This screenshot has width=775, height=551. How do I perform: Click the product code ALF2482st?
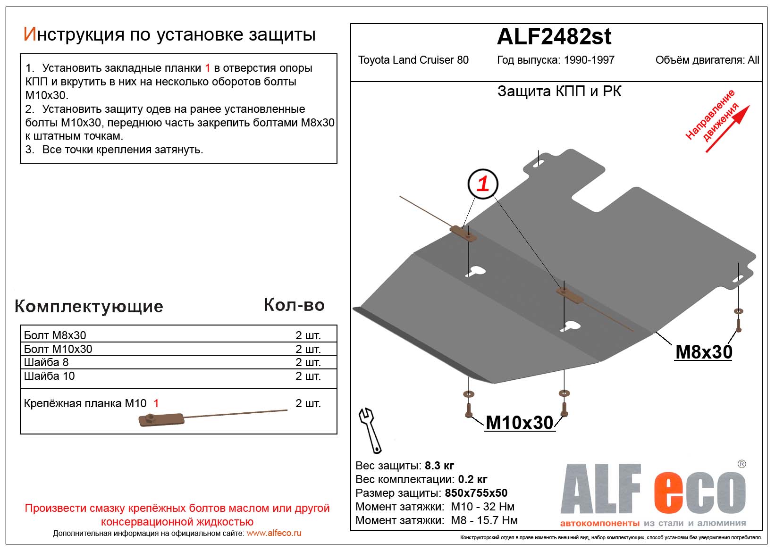[554, 37]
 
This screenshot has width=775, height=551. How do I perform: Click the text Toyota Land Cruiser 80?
[413, 60]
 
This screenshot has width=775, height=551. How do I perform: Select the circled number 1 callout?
[482, 184]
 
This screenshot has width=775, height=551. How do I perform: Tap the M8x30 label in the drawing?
[703, 352]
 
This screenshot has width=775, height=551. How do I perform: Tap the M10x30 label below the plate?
[519, 423]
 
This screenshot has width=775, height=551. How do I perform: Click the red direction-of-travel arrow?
[727, 129]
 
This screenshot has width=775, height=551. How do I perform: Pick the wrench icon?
[370, 430]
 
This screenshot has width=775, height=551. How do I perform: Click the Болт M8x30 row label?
[55, 335]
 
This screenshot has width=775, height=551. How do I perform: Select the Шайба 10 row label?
[49, 376]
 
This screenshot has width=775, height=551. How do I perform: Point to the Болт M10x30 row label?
[58, 349]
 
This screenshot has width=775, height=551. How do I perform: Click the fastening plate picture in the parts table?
[161, 419]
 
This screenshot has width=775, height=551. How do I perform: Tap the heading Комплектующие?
[89, 306]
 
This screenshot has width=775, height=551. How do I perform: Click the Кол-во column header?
[294, 305]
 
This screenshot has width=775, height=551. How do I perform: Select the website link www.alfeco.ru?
[274, 533]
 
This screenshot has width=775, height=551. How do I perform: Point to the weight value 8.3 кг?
[439, 466]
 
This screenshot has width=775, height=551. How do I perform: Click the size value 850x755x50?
[476, 493]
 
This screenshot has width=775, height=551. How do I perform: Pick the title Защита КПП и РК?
[559, 92]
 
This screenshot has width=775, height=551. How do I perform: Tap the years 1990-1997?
[589, 60]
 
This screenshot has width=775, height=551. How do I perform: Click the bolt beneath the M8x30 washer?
[739, 326]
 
